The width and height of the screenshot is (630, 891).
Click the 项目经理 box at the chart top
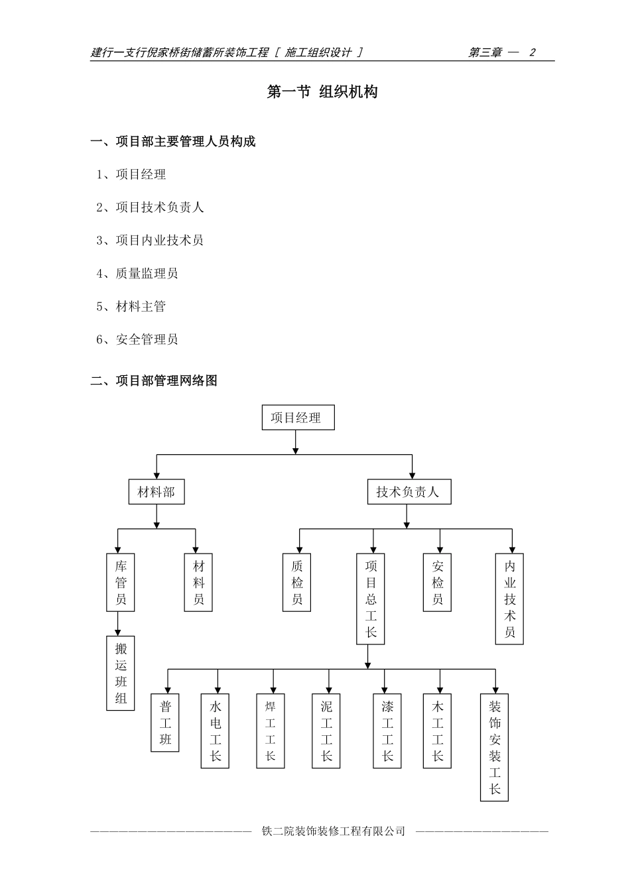tap(298, 418)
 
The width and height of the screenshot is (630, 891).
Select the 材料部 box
tap(157, 492)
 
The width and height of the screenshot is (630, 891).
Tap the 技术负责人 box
tap(409, 492)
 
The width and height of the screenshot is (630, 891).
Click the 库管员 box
tap(121, 583)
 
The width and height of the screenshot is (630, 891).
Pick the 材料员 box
tap(199, 583)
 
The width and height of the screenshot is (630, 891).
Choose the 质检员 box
tap(297, 583)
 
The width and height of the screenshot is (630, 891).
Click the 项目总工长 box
tap(371, 599)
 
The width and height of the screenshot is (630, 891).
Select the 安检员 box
tap(437, 583)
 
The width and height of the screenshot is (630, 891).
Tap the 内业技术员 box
tap(509, 599)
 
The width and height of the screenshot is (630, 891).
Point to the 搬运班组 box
tap(121, 673)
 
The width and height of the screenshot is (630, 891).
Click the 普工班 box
tap(165, 723)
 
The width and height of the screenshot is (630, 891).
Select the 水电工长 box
tap(216, 731)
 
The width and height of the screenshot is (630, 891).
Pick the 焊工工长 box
tap(271, 731)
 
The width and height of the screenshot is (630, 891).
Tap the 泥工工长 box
tap(326, 731)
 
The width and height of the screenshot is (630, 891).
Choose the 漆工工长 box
tap(387, 731)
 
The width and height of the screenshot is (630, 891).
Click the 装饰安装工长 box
tap(495, 748)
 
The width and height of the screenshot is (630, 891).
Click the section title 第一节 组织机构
tap(322, 92)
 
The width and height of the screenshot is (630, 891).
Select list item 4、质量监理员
tap(137, 273)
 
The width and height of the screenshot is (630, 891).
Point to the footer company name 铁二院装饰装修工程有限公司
tap(334, 831)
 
